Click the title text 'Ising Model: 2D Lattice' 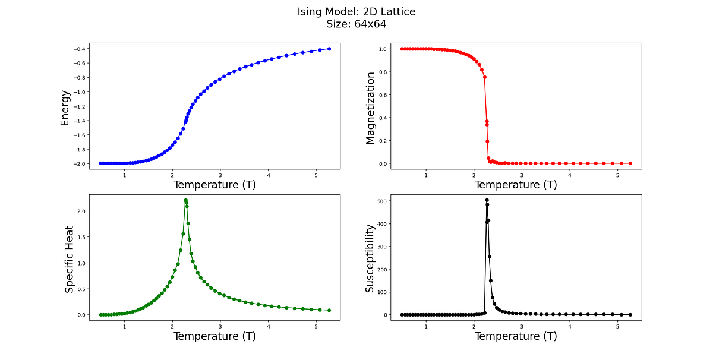click(356, 12)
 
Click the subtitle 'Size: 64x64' click(356, 24)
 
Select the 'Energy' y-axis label click(65, 108)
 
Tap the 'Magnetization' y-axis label click(370, 108)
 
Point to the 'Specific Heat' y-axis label click(70, 258)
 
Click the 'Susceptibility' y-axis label click(370, 258)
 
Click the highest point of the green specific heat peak click(185, 200)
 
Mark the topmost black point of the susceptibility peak click(487, 200)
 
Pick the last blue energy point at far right click(329, 49)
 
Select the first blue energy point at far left click(100, 163)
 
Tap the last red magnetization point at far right click(630, 163)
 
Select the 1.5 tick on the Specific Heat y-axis click(81, 237)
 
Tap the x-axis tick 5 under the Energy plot click(316, 175)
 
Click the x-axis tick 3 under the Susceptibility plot click(522, 327)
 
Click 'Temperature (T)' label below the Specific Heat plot click(214, 336)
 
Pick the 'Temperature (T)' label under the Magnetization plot click(516, 185)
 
